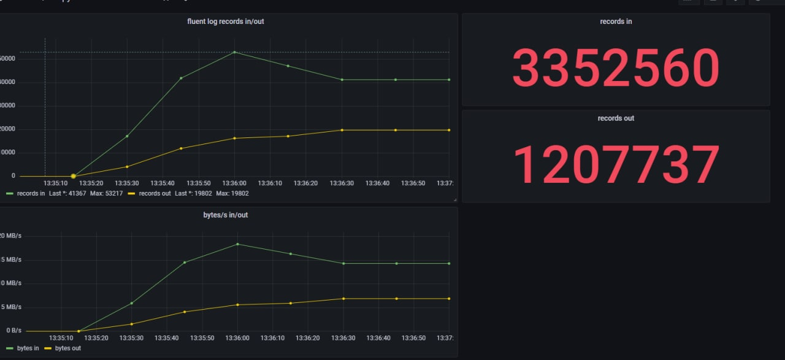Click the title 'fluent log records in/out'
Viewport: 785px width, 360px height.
pos(226,21)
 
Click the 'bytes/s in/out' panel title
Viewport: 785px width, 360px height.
pos(226,215)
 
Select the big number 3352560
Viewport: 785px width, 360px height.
pos(615,67)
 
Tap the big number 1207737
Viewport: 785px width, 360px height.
pos(615,164)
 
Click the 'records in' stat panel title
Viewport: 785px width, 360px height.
pos(616,21)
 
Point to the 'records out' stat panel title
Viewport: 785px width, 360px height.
pos(616,118)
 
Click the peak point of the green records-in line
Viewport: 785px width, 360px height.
pos(234,52)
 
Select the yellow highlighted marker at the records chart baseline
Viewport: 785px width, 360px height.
pos(73,176)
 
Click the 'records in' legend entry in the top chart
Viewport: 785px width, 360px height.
pos(31,193)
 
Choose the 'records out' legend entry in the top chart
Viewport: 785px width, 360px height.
pos(155,193)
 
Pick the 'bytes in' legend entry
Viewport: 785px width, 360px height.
pos(28,348)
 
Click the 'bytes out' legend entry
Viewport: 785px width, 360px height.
pos(67,348)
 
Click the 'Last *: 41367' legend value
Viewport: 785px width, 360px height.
pos(67,193)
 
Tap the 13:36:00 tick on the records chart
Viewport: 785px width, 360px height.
pos(234,183)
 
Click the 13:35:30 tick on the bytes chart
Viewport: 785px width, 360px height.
pos(131,338)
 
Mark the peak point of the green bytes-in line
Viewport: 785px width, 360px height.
pos(237,244)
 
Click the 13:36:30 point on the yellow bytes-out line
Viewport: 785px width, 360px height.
pos(343,299)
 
